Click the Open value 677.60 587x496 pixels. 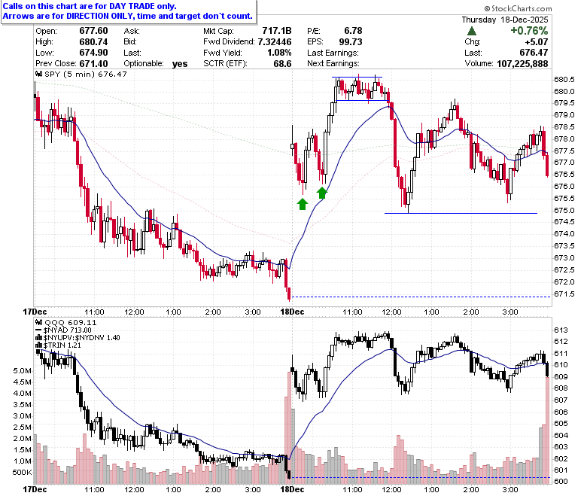coord(93,31)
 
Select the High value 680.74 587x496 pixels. coord(93,41)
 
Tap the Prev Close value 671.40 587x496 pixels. coord(93,64)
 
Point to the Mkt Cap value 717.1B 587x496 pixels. coord(277,31)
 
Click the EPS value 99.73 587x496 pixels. coord(351,41)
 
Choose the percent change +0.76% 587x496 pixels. coord(529,31)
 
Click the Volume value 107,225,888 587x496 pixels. coord(522,64)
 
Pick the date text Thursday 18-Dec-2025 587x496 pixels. coord(505,20)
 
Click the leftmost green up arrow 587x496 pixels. coord(303,204)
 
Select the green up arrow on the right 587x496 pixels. coord(322,193)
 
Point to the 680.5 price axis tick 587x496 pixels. coord(564,79)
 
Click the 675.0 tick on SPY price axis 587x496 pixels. coord(564,211)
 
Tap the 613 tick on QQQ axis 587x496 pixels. coord(561,330)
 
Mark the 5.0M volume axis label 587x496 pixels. coord(22,371)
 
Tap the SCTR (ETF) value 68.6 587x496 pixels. coord(282,64)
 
